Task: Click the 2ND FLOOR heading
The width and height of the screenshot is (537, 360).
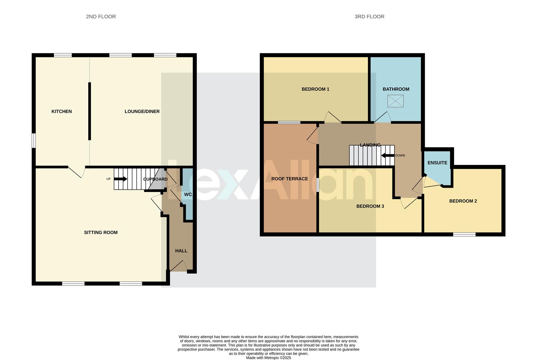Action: click(x=101, y=17)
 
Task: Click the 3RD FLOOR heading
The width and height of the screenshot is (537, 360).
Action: click(x=369, y=17)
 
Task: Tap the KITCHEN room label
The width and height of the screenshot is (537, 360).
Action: click(x=61, y=111)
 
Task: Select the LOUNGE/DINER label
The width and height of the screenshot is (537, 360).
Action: click(x=142, y=111)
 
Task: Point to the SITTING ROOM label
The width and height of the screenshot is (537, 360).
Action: click(x=101, y=232)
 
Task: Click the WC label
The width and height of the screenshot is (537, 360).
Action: click(x=188, y=194)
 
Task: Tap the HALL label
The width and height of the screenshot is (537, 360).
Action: click(x=181, y=251)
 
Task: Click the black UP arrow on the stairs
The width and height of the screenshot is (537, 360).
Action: click(x=121, y=179)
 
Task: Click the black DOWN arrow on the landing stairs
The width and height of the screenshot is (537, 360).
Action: click(x=388, y=155)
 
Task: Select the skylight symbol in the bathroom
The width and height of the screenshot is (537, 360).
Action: click(x=395, y=101)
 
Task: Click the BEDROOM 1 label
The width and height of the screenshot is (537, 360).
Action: click(x=315, y=89)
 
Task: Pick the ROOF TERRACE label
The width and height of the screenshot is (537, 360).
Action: click(x=289, y=179)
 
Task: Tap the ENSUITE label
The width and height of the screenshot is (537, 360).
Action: click(x=437, y=163)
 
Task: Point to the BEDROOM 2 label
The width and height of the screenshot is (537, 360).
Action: click(x=463, y=201)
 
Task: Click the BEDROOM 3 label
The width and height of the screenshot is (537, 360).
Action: click(x=370, y=206)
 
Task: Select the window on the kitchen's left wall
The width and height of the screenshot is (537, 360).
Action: click(x=34, y=140)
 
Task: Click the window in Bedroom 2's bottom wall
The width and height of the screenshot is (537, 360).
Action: click(x=464, y=234)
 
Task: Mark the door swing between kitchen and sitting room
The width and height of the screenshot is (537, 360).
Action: click(x=77, y=171)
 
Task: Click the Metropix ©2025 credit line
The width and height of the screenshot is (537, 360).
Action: click(x=268, y=358)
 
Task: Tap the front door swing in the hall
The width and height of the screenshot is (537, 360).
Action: click(x=179, y=266)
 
